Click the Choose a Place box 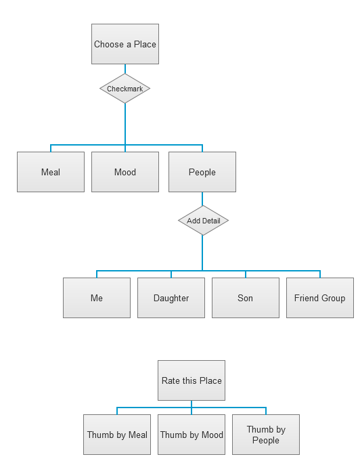[x=125, y=44]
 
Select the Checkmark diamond [x=125, y=89]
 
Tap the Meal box [x=51, y=172]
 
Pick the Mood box [x=125, y=172]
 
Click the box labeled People [x=202, y=172]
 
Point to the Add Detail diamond [x=204, y=221]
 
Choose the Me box [x=97, y=298]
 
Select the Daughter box [x=171, y=298]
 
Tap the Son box [x=246, y=298]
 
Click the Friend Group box [x=320, y=298]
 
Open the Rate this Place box [x=192, y=380]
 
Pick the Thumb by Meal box [x=117, y=435]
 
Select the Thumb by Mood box [x=192, y=435]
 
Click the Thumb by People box [x=266, y=435]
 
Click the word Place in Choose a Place [x=145, y=44]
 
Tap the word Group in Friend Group [x=333, y=298]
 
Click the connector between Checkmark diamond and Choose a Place [x=125, y=69]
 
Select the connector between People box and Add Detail [x=202, y=199]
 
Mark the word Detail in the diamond [x=211, y=221]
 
